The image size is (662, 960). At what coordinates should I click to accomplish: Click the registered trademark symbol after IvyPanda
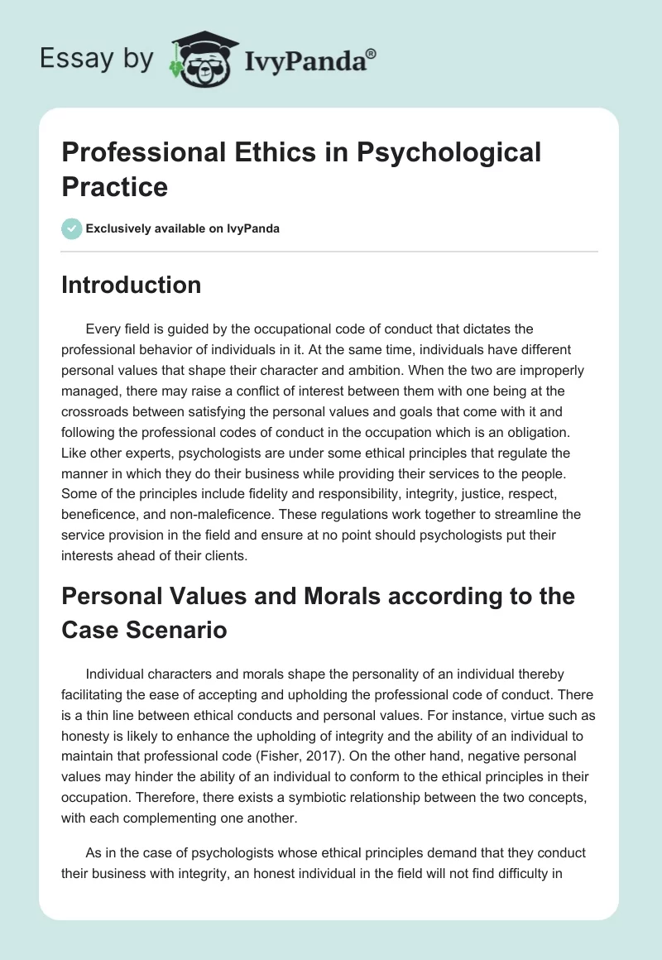(372, 53)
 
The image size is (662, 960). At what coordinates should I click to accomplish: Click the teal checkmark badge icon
(72, 228)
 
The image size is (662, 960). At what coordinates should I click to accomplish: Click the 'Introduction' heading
(132, 285)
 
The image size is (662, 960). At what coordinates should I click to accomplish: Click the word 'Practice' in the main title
(115, 186)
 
